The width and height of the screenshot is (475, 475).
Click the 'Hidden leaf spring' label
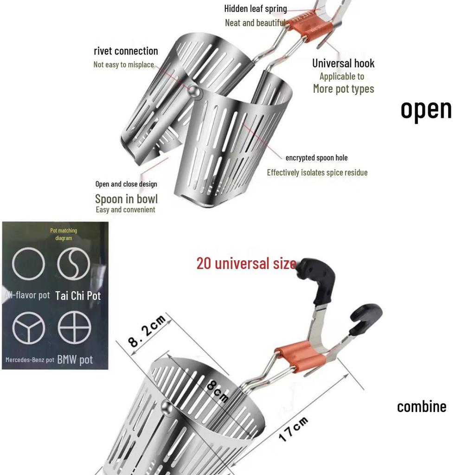point(255,8)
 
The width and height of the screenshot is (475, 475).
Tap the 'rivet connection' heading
point(126,51)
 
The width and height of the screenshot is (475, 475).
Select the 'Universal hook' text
point(343,64)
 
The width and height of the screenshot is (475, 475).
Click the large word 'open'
point(426,109)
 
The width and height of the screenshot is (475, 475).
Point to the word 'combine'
point(421,407)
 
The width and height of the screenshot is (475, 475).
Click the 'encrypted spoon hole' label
point(316,158)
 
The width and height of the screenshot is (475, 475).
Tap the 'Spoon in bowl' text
point(126,199)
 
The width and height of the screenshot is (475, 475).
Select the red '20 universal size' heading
point(246,263)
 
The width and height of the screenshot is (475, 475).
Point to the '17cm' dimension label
point(294,429)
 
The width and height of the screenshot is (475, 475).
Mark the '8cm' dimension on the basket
point(217,391)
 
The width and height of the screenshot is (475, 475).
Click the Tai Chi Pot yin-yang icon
point(73,263)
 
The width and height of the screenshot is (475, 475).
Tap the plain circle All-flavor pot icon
point(28,263)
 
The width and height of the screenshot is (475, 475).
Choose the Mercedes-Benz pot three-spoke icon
point(28,327)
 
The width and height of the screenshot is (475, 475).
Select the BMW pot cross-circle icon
point(74,327)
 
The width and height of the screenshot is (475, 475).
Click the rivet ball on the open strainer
point(195,93)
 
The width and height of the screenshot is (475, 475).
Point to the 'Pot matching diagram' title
point(64,234)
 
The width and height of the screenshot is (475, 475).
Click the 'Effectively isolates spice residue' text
point(317,173)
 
